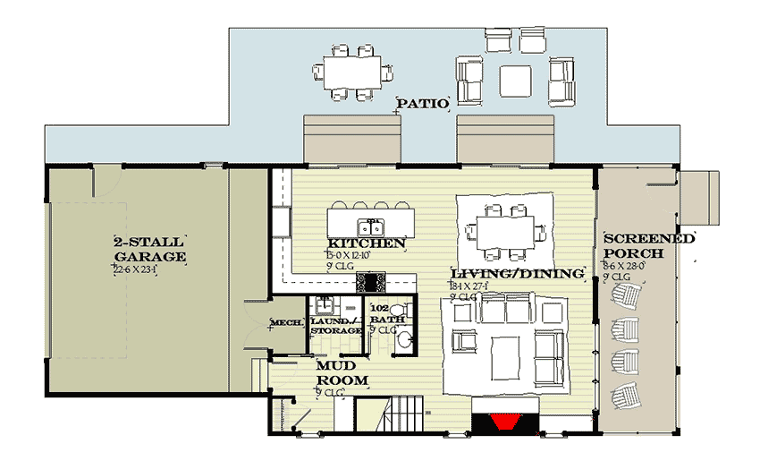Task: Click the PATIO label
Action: pyautogui.click(x=422, y=104)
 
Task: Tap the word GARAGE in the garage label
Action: pyautogui.click(x=149, y=257)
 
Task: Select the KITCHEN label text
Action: pyautogui.click(x=367, y=243)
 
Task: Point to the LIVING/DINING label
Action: pyautogui.click(x=517, y=273)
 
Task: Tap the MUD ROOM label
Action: pyautogui.click(x=342, y=373)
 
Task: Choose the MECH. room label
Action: pyautogui.click(x=286, y=323)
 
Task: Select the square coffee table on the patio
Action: pyautogui.click(x=514, y=81)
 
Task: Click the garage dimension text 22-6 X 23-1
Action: pyautogui.click(x=135, y=269)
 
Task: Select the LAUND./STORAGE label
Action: pyautogui.click(x=334, y=325)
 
